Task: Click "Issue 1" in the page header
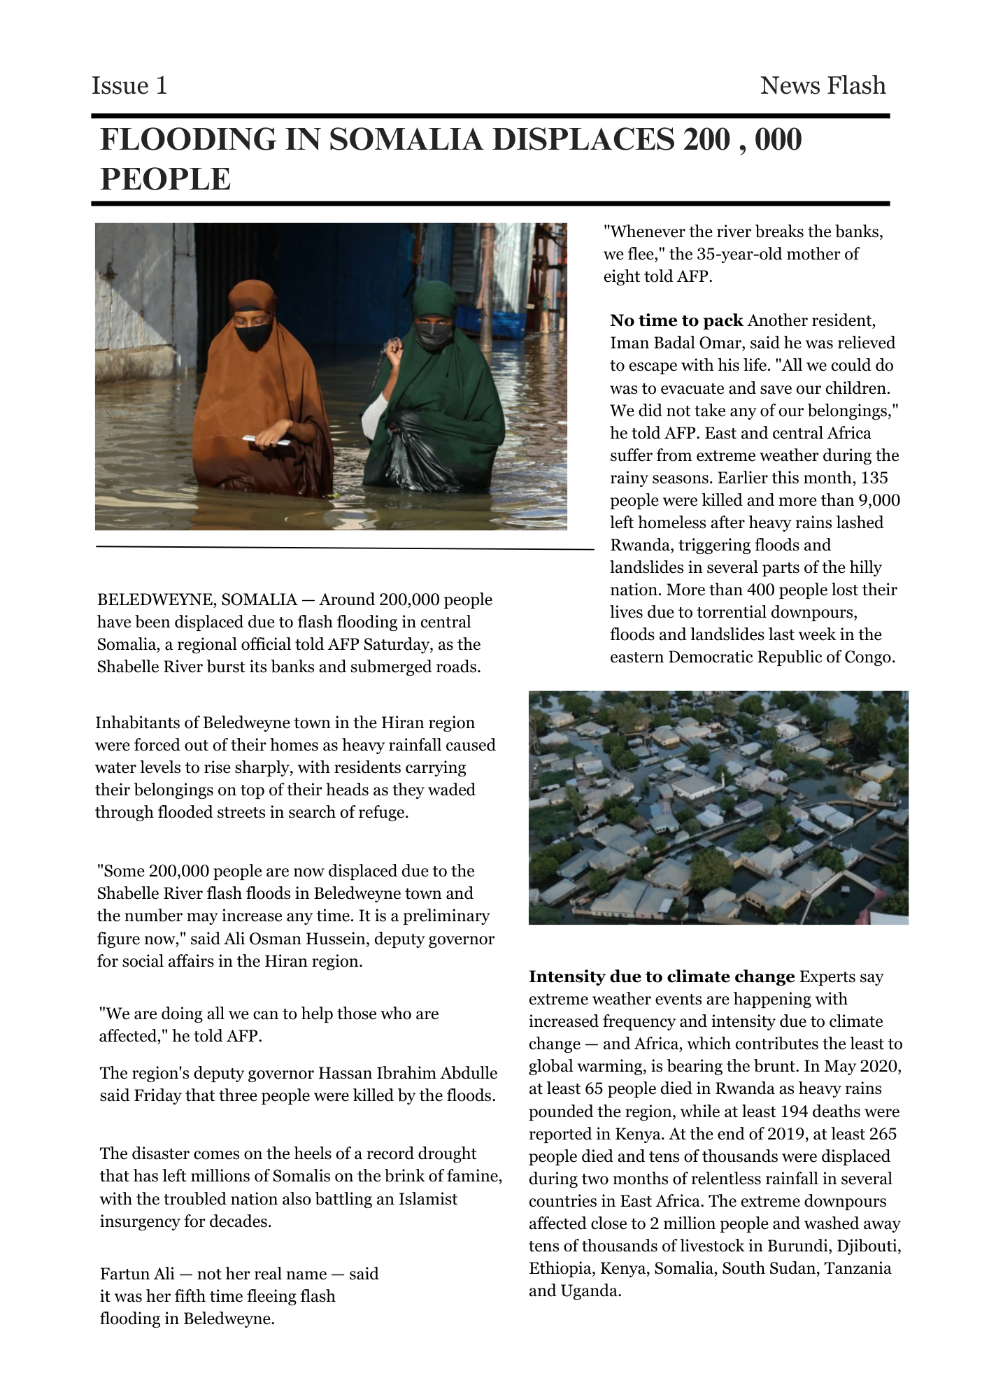pyautogui.click(x=129, y=85)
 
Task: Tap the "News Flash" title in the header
pyautogui.click(x=823, y=85)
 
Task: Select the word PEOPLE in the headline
pyautogui.click(x=165, y=179)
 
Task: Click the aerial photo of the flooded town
pyautogui.click(x=718, y=807)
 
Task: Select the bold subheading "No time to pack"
pyautogui.click(x=676, y=321)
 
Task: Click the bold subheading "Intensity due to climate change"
pyautogui.click(x=661, y=977)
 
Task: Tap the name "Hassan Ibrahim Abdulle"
pyautogui.click(x=408, y=1073)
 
